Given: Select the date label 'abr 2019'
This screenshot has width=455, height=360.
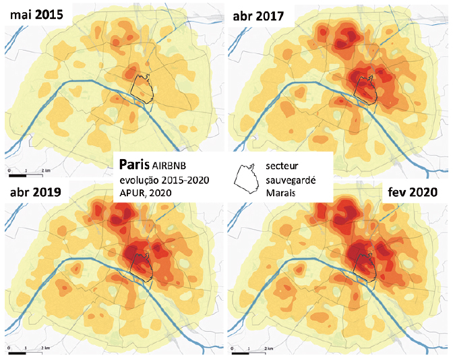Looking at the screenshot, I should [36, 193].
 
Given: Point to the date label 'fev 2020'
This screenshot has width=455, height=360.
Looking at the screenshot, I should [413, 193].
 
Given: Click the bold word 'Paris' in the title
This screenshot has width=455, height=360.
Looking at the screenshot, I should [133, 164].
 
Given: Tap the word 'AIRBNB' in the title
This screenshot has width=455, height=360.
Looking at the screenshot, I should [171, 165].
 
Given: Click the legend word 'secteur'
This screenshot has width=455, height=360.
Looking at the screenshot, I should [284, 165].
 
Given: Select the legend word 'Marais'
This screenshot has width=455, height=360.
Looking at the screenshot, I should [282, 193].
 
